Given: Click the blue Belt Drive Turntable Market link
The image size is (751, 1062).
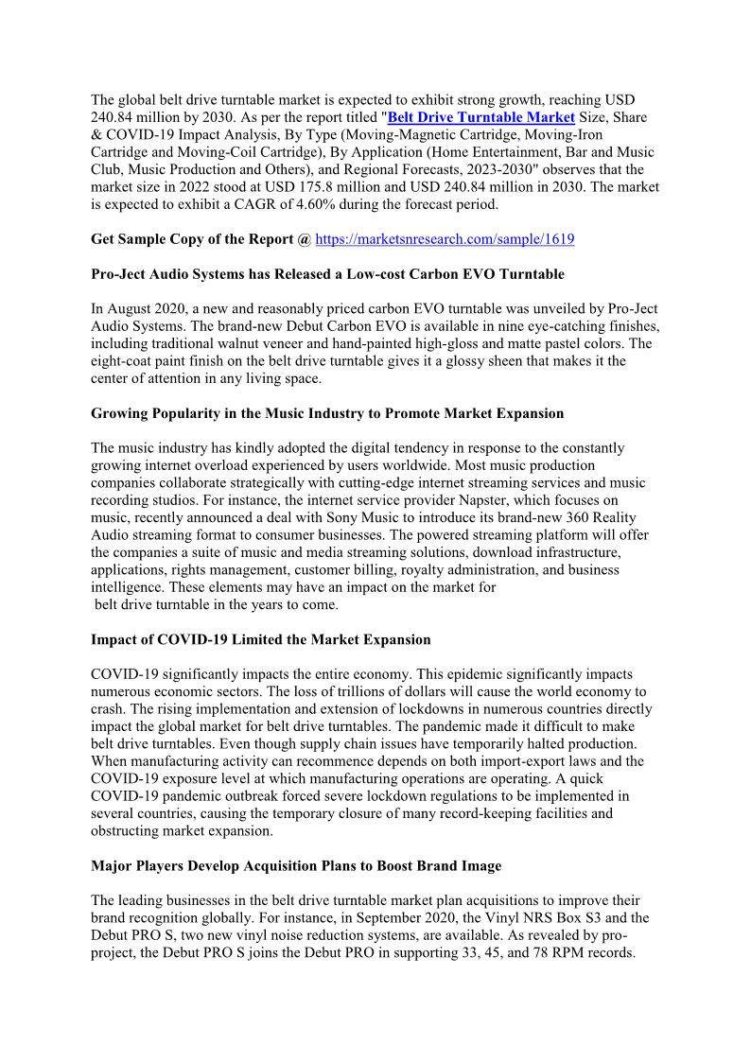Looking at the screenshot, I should tap(481, 117).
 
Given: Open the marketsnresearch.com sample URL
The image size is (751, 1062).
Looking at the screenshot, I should tap(445, 239).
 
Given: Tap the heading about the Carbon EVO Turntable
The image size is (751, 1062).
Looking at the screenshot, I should tap(327, 274).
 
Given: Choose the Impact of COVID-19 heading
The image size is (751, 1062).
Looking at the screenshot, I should tap(260, 639).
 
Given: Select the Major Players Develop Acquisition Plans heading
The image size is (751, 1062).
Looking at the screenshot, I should tap(296, 865).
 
